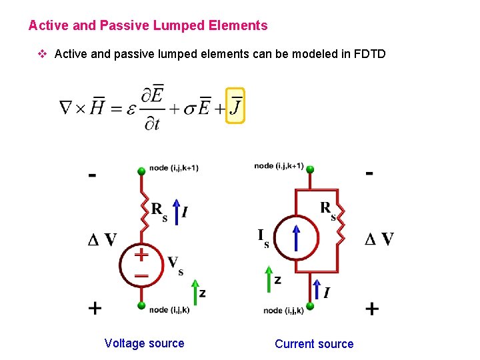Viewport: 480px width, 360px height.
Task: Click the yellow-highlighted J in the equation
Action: [x=235, y=105]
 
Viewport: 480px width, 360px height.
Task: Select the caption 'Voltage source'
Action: [x=144, y=343]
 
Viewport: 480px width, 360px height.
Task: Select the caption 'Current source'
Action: [x=314, y=344]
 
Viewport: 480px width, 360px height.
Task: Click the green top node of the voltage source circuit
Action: [x=141, y=171]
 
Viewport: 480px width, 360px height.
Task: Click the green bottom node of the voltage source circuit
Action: [x=141, y=306]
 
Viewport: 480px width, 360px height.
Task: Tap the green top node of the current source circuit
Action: [x=310, y=170]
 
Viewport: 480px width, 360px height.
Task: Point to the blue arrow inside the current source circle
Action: [x=295, y=238]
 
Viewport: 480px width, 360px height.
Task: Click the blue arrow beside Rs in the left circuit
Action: [x=176, y=209]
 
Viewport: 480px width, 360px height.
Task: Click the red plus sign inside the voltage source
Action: [x=141, y=255]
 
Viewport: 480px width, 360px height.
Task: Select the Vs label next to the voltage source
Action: [x=175, y=265]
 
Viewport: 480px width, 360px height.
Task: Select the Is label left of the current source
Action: [x=263, y=237]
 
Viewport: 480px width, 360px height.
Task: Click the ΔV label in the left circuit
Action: [x=102, y=240]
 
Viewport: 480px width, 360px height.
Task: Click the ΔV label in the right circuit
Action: [x=379, y=239]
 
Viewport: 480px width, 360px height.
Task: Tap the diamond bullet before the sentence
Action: [x=44, y=53]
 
